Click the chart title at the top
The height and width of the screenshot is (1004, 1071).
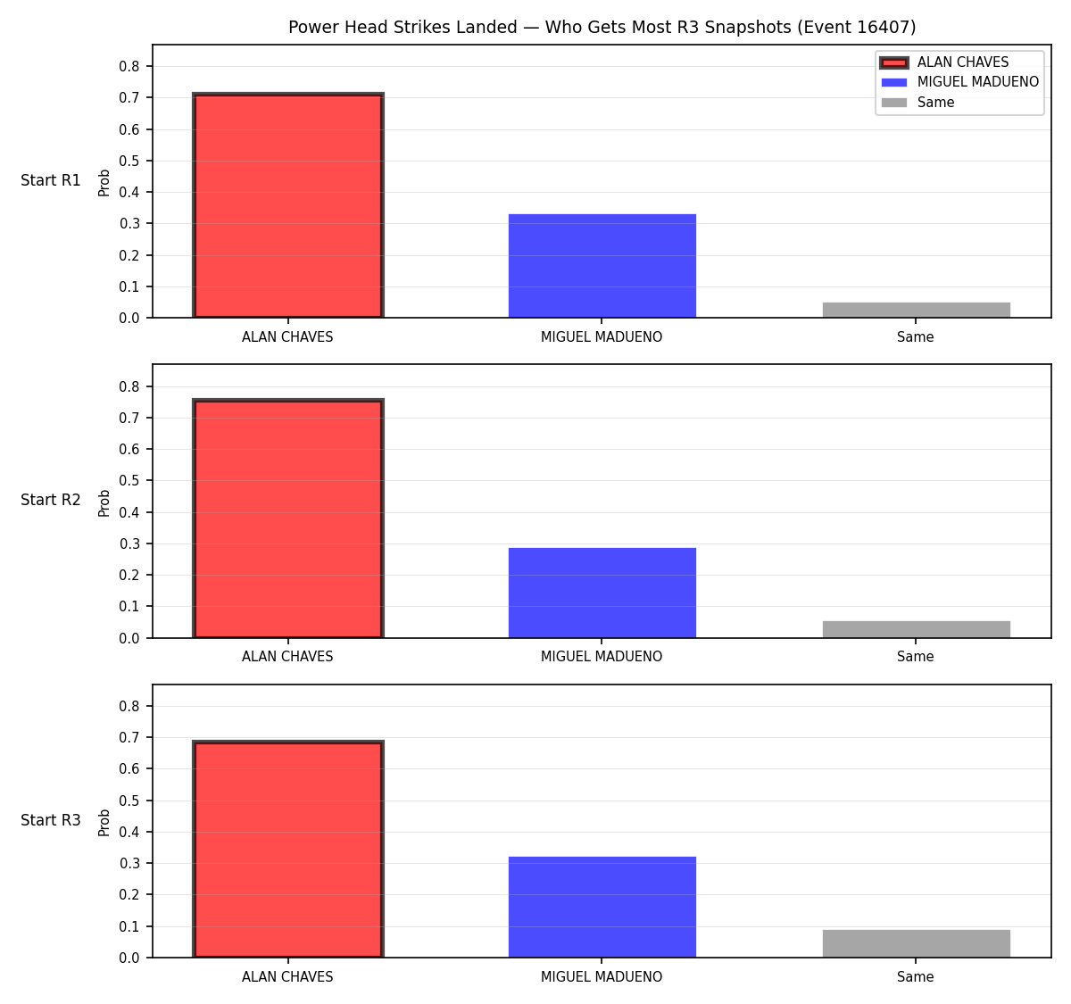coord(602,27)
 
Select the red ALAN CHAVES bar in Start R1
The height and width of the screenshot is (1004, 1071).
coord(288,205)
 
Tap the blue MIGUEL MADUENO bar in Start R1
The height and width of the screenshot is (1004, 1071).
coord(602,266)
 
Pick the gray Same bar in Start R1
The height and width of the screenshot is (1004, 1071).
coord(916,310)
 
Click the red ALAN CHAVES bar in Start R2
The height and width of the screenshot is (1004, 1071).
coord(288,518)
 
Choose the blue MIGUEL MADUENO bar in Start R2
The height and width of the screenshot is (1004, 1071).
coord(602,593)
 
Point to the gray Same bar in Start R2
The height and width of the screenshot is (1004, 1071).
coord(916,629)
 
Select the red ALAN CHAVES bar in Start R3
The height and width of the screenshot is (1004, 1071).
coord(288,850)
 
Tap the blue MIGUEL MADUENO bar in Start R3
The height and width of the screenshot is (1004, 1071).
coord(602,907)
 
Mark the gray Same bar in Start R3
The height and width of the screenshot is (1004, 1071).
coord(916,943)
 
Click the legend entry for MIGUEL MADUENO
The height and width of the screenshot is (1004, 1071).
coord(959,82)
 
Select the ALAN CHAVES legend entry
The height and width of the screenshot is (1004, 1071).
coord(944,62)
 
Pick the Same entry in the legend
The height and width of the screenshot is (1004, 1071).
coord(917,102)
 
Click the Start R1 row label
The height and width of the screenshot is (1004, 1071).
coord(51,180)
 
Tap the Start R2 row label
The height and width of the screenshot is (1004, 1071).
coord(51,500)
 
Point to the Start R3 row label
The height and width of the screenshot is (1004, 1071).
coord(51,820)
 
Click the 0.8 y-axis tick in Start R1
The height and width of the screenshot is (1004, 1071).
coord(129,66)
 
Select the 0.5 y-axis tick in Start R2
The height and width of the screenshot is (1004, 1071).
coord(129,480)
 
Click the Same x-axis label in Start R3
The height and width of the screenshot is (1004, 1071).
coord(915,976)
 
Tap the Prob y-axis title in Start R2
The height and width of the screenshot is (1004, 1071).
coord(104,502)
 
